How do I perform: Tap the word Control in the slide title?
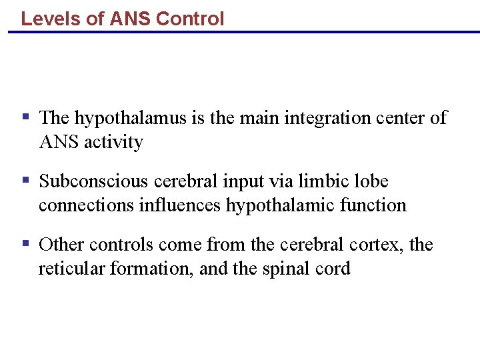pyautogui.click(x=190, y=19)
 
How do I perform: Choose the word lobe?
pyautogui.click(x=372, y=181)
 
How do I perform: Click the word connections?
pyautogui.click(x=86, y=205)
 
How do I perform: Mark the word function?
pyautogui.click(x=373, y=205)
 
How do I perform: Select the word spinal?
pyautogui.click(x=289, y=269)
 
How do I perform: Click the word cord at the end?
pyautogui.click(x=335, y=269)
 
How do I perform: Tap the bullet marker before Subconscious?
pyautogui.click(x=26, y=179)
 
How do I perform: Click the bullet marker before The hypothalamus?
pyautogui.click(x=26, y=117)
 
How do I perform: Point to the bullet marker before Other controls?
pyautogui.click(x=26, y=243)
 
